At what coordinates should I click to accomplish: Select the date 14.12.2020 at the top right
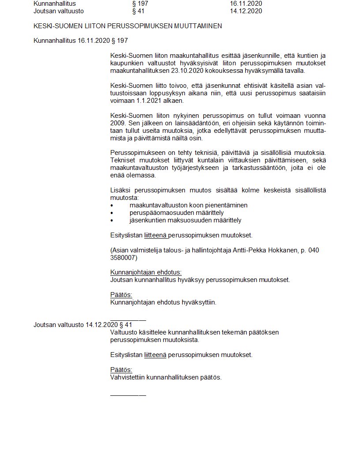click(x=246, y=11)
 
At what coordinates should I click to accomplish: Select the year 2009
click(x=118, y=123)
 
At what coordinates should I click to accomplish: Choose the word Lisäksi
click(x=120, y=190)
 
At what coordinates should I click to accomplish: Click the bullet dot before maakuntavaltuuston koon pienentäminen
click(x=112, y=206)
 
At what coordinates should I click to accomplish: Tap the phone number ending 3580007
click(x=124, y=258)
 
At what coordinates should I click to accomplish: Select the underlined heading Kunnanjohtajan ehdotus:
click(x=146, y=273)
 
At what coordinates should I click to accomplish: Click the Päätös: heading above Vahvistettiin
click(x=121, y=370)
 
